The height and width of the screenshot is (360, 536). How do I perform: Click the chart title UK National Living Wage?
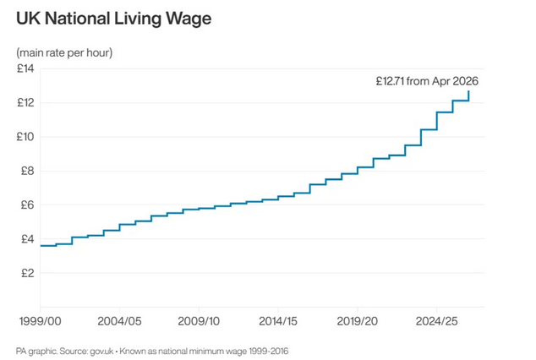(x=114, y=19)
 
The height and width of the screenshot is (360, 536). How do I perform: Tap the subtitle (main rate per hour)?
(x=64, y=52)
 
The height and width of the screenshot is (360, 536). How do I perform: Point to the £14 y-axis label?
(x=25, y=68)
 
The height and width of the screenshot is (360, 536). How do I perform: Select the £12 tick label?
(x=25, y=102)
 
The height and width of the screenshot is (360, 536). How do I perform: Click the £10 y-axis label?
(x=25, y=137)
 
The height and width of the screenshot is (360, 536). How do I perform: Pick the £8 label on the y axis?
(x=27, y=171)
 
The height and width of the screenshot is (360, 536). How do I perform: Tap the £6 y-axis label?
(x=27, y=205)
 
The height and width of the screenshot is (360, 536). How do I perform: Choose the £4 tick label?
(x=27, y=239)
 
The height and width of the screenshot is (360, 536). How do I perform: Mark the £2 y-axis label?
(x=27, y=273)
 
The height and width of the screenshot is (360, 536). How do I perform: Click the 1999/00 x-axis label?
(x=41, y=321)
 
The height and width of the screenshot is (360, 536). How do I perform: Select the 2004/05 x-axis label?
(x=119, y=321)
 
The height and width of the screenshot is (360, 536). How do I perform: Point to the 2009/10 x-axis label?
(x=199, y=321)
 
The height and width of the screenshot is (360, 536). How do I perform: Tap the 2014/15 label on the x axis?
(x=278, y=321)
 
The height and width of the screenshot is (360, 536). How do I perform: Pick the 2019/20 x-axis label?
(x=358, y=321)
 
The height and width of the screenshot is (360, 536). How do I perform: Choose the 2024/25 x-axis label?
(x=436, y=321)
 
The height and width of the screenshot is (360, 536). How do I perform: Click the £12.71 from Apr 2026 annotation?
(x=427, y=81)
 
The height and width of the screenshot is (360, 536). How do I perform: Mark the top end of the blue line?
(x=468, y=91)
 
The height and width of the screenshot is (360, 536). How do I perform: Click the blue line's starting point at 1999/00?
(x=41, y=246)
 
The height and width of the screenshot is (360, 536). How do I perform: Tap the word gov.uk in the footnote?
(x=101, y=351)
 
